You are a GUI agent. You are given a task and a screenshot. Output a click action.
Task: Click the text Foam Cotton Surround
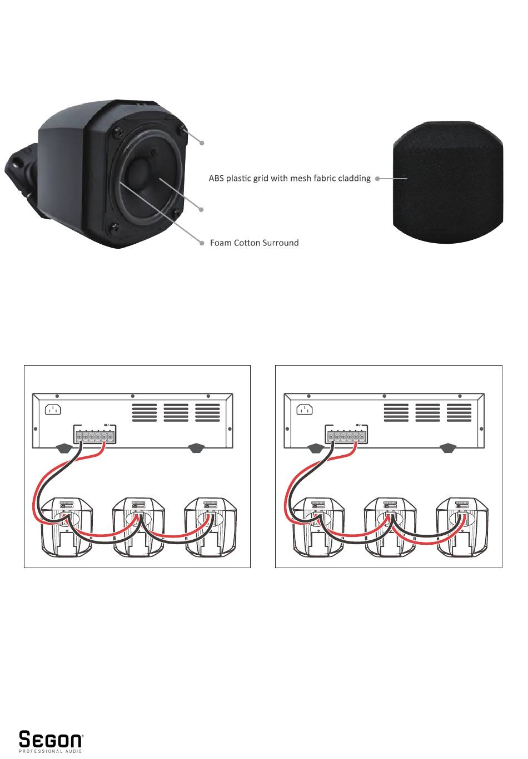coord(254,243)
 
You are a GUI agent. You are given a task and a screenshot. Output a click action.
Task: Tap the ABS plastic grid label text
coord(289,179)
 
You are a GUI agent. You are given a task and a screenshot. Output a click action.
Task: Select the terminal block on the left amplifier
coord(94,436)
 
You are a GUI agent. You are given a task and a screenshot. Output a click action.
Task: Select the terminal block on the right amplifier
coord(346,436)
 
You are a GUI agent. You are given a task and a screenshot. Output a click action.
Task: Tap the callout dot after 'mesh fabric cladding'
coord(377,179)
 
